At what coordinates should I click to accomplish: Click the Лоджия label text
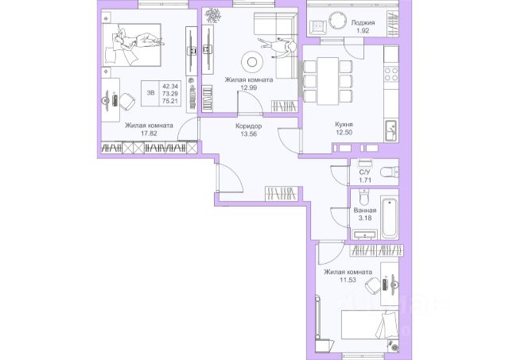point(363,23)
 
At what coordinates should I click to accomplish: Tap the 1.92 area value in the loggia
point(363,31)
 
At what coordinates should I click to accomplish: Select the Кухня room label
point(344,124)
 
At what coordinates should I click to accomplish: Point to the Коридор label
point(249,126)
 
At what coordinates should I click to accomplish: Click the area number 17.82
point(149,133)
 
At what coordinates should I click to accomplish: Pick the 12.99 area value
point(249,87)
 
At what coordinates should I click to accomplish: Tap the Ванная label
point(365,210)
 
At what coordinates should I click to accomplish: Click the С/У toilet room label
point(365,172)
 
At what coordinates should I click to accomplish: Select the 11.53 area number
point(348,280)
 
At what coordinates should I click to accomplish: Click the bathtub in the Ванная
point(390,218)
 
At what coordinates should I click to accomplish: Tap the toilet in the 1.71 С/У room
point(390,172)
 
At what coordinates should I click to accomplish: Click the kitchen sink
point(390,130)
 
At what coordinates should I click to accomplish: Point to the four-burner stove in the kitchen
point(391,74)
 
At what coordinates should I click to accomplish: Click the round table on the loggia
point(337,21)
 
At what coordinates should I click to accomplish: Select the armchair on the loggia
point(318,27)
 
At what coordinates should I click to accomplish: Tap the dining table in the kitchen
point(328,81)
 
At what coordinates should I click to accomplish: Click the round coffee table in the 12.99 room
point(252,62)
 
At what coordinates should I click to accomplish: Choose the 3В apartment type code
point(150,93)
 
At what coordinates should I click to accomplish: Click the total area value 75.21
point(170,101)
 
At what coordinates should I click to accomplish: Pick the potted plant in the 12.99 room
point(213,15)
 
